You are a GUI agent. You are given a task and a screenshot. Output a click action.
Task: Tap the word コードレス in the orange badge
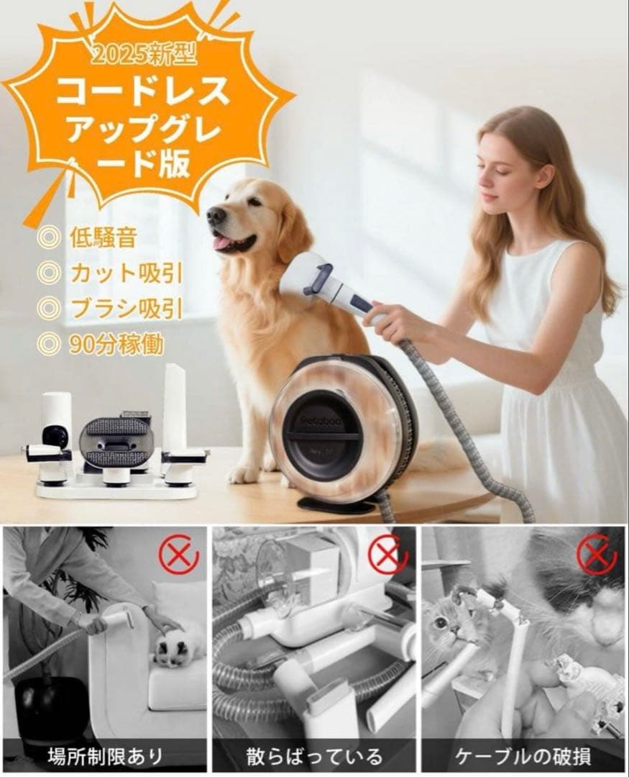(x=144, y=91)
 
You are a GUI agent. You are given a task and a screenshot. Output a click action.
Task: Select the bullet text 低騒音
(x=103, y=237)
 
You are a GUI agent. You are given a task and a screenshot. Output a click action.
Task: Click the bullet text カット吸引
(x=125, y=273)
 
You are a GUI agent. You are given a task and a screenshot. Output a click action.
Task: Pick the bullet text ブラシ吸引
(x=125, y=308)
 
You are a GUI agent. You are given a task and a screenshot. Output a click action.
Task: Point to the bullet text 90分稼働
(x=116, y=344)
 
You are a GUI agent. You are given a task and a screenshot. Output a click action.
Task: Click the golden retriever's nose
(x=214, y=214)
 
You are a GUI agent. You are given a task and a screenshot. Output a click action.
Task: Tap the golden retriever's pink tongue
(x=222, y=242)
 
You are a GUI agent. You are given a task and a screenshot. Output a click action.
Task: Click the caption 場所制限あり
(x=105, y=755)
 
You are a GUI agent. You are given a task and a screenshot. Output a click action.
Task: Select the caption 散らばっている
(x=314, y=755)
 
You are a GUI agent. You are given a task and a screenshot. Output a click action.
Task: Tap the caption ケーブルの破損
(x=523, y=755)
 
